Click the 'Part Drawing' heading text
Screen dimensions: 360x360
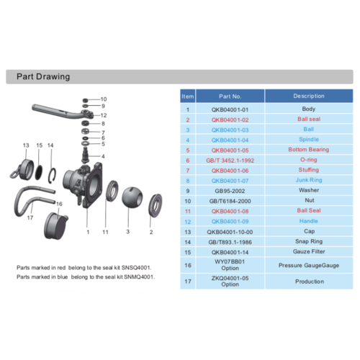[x=43, y=76]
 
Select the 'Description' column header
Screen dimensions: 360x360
[x=309, y=96]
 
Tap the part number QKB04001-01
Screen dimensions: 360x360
[x=230, y=109]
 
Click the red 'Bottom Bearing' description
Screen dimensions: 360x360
[x=309, y=150]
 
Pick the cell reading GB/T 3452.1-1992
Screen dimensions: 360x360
[x=230, y=161]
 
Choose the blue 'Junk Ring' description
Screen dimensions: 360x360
[x=309, y=180]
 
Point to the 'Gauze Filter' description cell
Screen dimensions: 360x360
[x=309, y=251]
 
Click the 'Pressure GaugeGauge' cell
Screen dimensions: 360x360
[x=309, y=266]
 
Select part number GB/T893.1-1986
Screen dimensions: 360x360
[x=230, y=242]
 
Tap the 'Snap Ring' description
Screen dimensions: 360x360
[x=309, y=241]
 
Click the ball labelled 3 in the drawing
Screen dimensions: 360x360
[x=132, y=197]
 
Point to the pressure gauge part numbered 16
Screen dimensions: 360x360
[x=56, y=225]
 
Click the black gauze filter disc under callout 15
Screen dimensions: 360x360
[x=39, y=173]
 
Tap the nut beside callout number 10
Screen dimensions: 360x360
[x=86, y=100]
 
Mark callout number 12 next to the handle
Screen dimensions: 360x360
[x=104, y=115]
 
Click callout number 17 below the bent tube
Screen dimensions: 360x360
[x=30, y=217]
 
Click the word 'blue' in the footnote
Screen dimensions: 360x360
[x=63, y=277]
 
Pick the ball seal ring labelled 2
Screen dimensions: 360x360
[x=156, y=205]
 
